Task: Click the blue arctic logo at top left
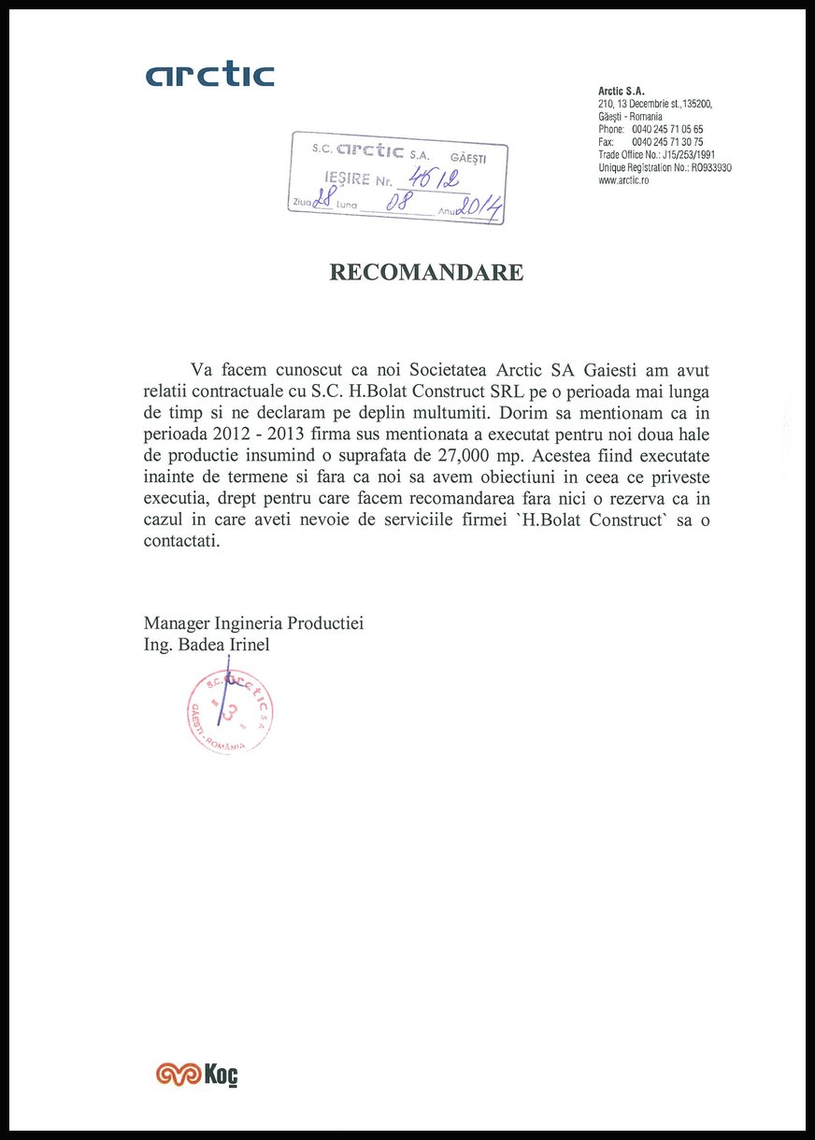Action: (x=209, y=75)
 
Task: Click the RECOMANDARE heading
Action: (x=426, y=272)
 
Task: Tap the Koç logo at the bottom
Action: (x=197, y=1075)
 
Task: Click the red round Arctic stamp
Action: (x=230, y=713)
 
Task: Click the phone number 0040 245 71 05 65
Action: (x=667, y=129)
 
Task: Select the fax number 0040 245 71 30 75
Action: (x=667, y=142)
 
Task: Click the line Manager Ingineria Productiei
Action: (x=253, y=623)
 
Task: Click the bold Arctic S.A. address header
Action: (x=622, y=91)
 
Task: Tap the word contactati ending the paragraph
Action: (x=181, y=541)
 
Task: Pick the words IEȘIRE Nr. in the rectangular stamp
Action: (x=357, y=178)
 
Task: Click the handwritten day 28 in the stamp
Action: (x=325, y=198)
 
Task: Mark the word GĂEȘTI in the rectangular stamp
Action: (x=468, y=157)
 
